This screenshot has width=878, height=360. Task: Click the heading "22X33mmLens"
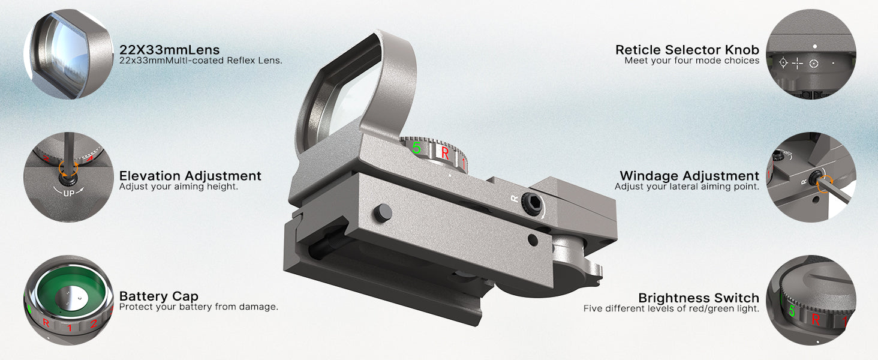click(x=169, y=50)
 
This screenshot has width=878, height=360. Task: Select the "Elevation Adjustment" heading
click(x=190, y=176)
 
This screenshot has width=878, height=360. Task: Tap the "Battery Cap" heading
click(x=159, y=296)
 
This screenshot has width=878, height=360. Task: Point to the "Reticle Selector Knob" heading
click(x=687, y=50)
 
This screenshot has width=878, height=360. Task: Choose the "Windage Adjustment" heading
click(x=690, y=176)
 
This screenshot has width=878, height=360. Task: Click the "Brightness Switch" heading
click(x=699, y=298)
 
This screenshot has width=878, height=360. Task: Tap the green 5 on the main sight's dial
click(x=416, y=148)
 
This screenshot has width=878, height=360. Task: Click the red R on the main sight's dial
click(x=445, y=153)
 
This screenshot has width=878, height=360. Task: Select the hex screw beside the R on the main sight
click(x=533, y=203)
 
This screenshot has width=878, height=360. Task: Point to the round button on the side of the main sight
click(x=383, y=212)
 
